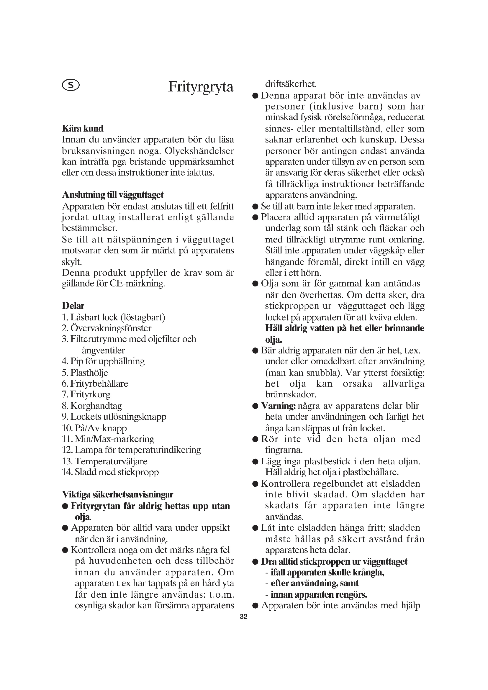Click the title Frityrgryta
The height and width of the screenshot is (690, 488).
(x=200, y=87)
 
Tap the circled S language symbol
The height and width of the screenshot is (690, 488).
(x=71, y=85)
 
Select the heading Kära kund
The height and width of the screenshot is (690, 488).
(x=83, y=129)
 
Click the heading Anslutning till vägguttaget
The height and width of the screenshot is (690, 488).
(x=113, y=195)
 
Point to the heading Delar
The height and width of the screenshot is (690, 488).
(x=73, y=306)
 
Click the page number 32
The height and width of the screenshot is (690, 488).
(x=244, y=617)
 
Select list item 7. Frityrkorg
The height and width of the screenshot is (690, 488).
(x=86, y=394)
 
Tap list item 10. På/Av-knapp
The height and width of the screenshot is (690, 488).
(x=94, y=428)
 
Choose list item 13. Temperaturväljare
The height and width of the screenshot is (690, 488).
(x=104, y=461)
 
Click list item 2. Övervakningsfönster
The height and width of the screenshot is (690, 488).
(x=107, y=328)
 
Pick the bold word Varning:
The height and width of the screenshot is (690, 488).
(x=278, y=406)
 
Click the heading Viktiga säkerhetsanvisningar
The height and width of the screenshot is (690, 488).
(x=117, y=494)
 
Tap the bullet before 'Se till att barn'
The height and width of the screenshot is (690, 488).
(x=256, y=206)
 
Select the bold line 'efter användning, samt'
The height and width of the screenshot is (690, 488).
(x=315, y=583)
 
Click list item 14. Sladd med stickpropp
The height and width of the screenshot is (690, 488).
(x=110, y=472)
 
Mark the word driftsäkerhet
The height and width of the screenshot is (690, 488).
(x=291, y=84)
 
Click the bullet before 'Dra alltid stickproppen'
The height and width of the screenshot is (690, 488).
(x=256, y=561)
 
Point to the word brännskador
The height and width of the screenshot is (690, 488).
(x=291, y=394)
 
